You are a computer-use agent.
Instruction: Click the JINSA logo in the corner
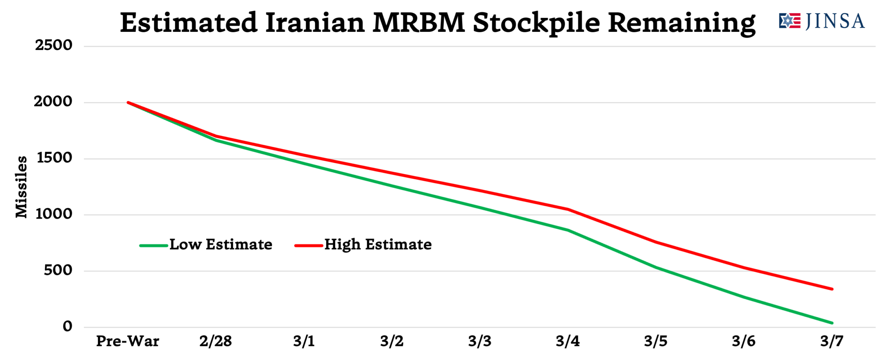(822, 21)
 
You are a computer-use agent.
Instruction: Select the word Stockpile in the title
(536, 23)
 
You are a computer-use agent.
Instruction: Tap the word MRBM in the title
(419, 23)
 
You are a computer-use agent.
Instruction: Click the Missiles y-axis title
(21, 187)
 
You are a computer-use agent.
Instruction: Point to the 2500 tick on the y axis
(53, 45)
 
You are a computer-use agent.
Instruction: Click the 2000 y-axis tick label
(53, 101)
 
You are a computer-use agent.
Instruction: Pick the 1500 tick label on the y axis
(54, 158)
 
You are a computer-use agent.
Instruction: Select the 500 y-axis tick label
(58, 270)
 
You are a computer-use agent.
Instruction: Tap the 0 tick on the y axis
(67, 326)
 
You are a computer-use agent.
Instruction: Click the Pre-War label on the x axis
(128, 341)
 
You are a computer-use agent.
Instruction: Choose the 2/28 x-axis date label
(216, 341)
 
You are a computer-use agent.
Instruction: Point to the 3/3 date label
(480, 341)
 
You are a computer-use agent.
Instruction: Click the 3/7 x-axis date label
(832, 341)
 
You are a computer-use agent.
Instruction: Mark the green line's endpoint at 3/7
(832, 323)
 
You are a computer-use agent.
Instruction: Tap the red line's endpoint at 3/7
(832, 289)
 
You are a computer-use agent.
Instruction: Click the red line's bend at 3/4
(568, 209)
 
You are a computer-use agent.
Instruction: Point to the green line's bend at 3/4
(568, 230)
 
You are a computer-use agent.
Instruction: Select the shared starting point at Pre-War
(128, 102)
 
